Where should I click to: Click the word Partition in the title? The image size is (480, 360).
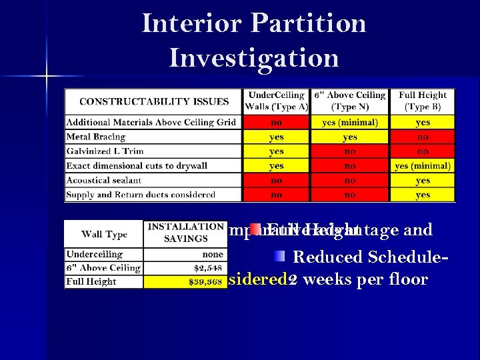coord(309,23)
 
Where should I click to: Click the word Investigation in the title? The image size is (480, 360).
coord(253,57)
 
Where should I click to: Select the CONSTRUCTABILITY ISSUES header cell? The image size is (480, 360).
coord(153,102)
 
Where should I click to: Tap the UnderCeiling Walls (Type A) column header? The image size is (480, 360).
coord(276,101)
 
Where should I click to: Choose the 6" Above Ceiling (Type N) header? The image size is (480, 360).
coord(350,101)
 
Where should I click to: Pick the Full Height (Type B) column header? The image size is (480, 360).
coord(423,101)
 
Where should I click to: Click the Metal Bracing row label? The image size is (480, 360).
coord(96,137)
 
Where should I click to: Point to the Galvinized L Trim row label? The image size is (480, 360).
coord(105,151)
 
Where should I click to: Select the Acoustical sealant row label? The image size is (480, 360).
coord(103,180)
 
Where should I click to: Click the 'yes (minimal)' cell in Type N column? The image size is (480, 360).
coord(350,123)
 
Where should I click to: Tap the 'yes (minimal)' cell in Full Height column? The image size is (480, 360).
coord(423,166)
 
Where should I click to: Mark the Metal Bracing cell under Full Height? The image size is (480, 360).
coord(423,137)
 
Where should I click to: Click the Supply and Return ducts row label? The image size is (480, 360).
coord(141,195)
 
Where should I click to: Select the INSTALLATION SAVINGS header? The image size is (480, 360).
coord(185,233)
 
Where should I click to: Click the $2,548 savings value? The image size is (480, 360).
coord(207,268)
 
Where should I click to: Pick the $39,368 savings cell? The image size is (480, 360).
coord(205,282)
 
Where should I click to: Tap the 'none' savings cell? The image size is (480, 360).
coord(212,254)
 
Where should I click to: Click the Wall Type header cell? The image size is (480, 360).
coord(104,234)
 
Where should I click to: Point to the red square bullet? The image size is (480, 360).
coord(255,229)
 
